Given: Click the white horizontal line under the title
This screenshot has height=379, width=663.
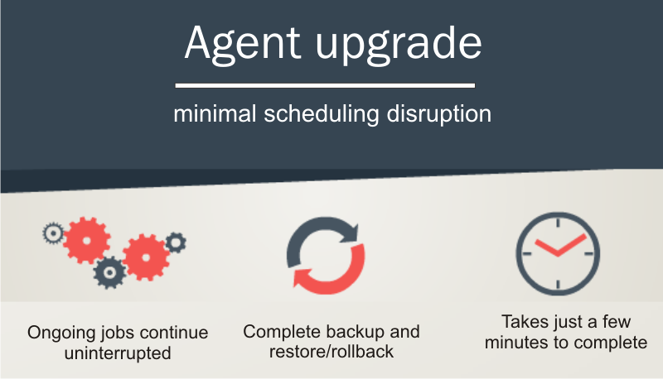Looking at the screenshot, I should pos(325,85).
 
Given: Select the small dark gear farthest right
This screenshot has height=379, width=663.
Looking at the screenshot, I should pos(176,243).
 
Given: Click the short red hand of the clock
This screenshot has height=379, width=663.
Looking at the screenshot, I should pos(548,246).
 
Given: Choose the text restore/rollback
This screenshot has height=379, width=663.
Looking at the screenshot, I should pos(331,352).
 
